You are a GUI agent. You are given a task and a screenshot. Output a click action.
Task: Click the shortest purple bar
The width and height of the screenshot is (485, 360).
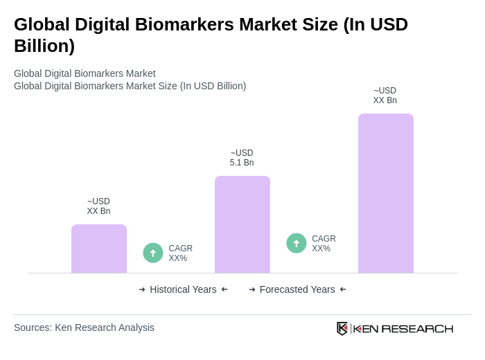click(x=99, y=249)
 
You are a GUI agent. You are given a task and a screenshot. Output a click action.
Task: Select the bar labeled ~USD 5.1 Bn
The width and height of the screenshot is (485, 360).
click(x=242, y=224)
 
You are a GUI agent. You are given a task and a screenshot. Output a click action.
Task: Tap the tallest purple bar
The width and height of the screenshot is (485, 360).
click(x=386, y=193)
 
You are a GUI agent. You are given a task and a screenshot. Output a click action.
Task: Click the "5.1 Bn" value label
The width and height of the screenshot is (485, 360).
click(x=242, y=163)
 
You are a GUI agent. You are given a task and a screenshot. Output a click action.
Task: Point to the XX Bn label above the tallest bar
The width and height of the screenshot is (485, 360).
click(x=385, y=100)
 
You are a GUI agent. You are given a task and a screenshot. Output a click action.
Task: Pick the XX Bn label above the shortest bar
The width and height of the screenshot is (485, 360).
click(x=98, y=211)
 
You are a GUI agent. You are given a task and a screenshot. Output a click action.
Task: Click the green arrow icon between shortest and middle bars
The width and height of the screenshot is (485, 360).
click(x=153, y=253)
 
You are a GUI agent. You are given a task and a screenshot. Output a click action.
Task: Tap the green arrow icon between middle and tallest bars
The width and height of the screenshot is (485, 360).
click(x=297, y=243)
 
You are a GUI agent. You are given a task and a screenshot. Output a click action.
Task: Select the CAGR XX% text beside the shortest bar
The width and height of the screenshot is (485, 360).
click(x=180, y=253)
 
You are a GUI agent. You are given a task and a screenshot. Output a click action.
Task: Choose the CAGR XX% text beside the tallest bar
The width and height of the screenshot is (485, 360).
click(x=324, y=244)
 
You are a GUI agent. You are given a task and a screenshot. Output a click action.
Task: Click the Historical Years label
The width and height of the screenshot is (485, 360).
click(x=183, y=289)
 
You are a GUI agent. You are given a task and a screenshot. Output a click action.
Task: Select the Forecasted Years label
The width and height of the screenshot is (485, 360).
click(x=297, y=289)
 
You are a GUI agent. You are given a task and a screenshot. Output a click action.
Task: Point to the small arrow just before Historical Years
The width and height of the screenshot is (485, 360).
click(x=142, y=289)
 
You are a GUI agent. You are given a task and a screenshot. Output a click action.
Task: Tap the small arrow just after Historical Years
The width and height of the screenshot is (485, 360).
click(x=224, y=289)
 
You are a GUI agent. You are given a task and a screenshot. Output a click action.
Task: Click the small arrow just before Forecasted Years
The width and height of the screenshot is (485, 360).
click(x=252, y=289)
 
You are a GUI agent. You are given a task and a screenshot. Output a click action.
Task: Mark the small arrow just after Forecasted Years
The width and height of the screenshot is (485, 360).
click(x=343, y=289)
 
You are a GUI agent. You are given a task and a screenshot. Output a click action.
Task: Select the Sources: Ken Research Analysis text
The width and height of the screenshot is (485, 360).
click(x=84, y=327)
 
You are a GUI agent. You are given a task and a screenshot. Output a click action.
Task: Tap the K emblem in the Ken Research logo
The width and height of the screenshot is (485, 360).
click(x=342, y=328)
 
